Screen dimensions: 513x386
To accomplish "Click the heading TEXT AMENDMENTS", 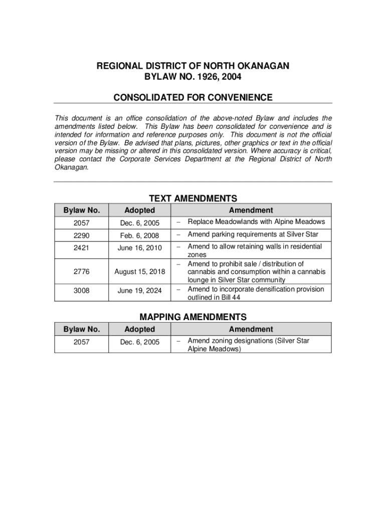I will coord(193,198).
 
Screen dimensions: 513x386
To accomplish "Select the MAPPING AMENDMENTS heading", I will coord(193,317).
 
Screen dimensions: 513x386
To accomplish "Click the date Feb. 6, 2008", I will coord(139,235).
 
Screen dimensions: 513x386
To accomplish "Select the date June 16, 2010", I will coord(139,247).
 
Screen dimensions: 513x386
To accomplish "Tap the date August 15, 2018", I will coord(139,272).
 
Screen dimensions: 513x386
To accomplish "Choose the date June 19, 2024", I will coord(139,290).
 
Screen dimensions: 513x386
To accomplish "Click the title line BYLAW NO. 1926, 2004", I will coord(193,77).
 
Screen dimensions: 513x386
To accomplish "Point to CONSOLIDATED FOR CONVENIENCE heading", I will coord(193,97).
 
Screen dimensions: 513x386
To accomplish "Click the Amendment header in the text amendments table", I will coord(251,210).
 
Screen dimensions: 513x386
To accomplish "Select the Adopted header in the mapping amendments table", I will coord(139,329).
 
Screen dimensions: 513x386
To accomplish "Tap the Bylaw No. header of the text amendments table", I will coord(82,210).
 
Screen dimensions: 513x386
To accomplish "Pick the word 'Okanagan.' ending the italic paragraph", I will coord(72,167).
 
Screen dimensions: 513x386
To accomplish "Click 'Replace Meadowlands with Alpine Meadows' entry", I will coord(256,222).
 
